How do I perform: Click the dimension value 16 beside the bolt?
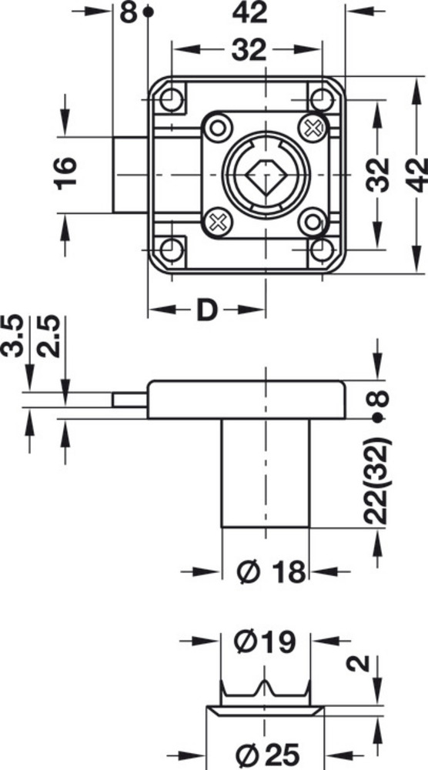[x=66, y=173]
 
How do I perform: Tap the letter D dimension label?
[x=206, y=310]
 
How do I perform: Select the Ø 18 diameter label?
[x=270, y=571]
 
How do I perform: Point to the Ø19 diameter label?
[x=265, y=642]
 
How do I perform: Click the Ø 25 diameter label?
[x=268, y=755]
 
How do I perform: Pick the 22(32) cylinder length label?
[x=377, y=481]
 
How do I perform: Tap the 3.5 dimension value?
[x=12, y=336]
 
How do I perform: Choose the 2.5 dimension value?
[x=48, y=336]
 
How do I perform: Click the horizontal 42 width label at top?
[x=250, y=12]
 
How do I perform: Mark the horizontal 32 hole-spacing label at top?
[x=249, y=50]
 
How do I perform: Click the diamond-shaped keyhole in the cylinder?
[x=266, y=176]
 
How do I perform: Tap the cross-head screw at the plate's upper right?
[x=313, y=128]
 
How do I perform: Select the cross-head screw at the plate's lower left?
[x=218, y=222]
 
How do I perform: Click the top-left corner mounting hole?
[x=172, y=99]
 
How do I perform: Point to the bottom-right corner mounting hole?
[x=322, y=250]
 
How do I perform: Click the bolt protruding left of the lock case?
[x=130, y=175]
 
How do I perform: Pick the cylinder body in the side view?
[x=266, y=473]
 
